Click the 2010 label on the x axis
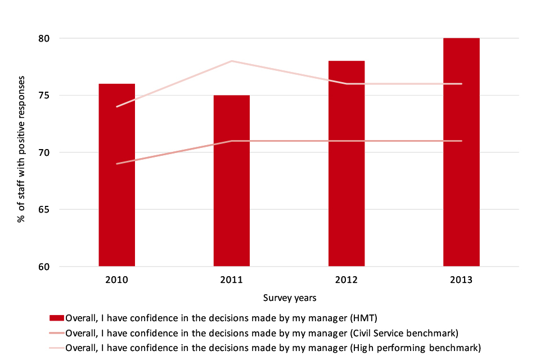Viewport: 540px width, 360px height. [x=116, y=280]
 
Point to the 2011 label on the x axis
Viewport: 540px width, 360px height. [x=232, y=280]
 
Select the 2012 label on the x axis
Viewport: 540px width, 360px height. [x=346, y=280]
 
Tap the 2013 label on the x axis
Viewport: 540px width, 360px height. [x=461, y=280]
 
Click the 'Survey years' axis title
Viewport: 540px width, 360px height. [x=289, y=298]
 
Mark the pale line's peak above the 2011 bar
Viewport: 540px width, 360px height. [x=232, y=61]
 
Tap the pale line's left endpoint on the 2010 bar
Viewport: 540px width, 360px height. [x=116, y=106]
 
